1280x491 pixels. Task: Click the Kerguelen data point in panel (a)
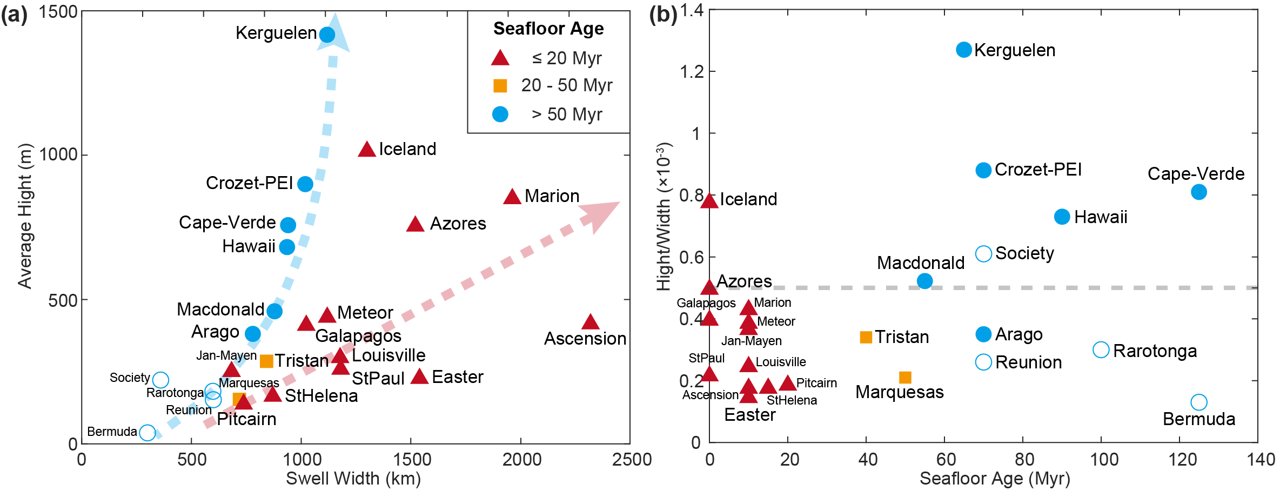tap(327, 35)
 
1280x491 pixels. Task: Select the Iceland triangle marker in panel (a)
tap(367, 150)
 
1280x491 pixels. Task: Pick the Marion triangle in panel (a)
tap(512, 197)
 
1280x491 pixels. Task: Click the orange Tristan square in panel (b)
tap(866, 337)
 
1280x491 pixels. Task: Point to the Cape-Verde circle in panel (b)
tap(1198, 192)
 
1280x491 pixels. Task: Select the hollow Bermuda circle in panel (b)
tap(1198, 402)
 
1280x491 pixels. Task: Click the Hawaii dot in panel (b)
tap(1062, 217)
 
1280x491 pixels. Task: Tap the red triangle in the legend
tap(500, 58)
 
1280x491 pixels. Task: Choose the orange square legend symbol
tap(500, 85)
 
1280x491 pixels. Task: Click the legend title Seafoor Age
tap(548, 29)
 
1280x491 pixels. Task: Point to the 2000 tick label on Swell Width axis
tap(521, 460)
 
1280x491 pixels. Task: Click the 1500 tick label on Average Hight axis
tap(58, 12)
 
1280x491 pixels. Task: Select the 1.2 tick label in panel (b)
tap(692, 71)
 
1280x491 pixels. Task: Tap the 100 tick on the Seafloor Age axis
tap(1103, 460)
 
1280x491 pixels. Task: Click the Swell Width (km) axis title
tap(353, 479)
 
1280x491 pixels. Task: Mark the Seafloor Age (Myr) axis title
tap(994, 479)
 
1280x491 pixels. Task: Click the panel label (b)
tap(662, 15)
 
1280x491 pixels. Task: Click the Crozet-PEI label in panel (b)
tap(1038, 170)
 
